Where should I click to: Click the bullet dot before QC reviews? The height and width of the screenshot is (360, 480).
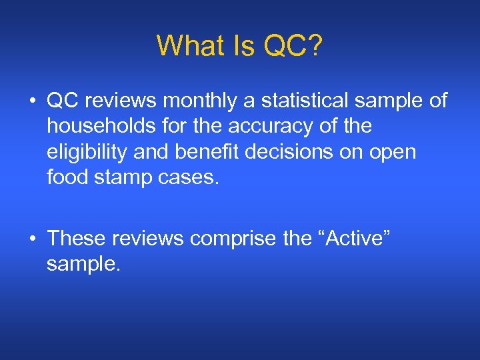(32, 101)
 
